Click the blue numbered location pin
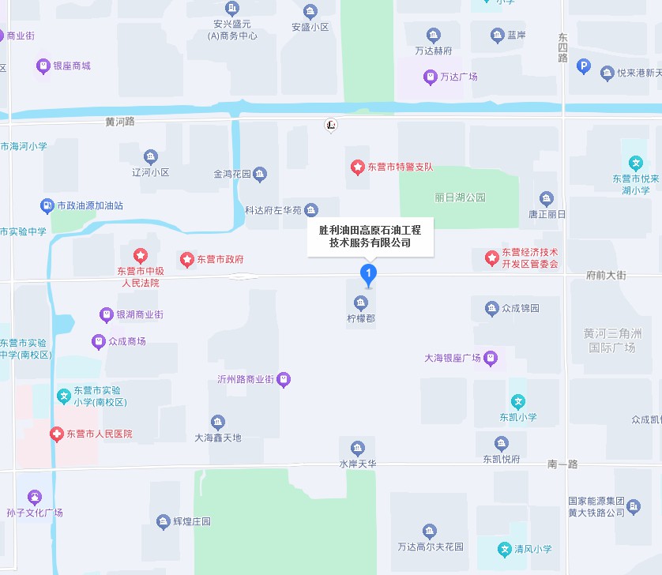point(368,273)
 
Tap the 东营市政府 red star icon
point(187,259)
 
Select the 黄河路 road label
point(120,122)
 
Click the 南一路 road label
point(562,464)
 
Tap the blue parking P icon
point(584,67)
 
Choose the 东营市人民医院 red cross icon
point(56,434)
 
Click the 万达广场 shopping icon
point(430,77)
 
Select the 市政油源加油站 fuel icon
point(47,205)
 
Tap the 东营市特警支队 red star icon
point(357,167)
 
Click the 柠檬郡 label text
point(361,319)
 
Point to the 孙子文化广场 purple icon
point(33,498)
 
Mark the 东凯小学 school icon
point(517,402)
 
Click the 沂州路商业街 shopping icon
point(284,379)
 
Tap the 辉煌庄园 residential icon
point(163,521)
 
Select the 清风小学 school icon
point(505,549)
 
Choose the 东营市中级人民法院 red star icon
point(140,255)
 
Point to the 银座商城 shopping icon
point(43,66)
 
